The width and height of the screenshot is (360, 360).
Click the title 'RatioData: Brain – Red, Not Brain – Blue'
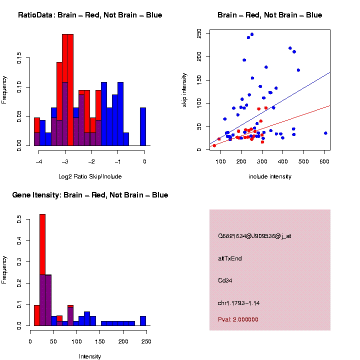(90, 15)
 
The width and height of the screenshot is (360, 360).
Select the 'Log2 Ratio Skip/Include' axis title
(90, 176)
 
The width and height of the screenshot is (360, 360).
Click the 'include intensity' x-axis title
(269, 176)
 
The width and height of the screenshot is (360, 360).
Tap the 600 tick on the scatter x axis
(303, 161)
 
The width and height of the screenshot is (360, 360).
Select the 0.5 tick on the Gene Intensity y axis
(19, 219)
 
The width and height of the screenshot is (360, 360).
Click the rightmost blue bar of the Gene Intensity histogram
(143, 320)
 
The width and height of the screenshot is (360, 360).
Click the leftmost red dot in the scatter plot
(214, 145)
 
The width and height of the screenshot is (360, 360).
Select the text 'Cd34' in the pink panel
(225, 280)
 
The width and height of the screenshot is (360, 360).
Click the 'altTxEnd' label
(230, 258)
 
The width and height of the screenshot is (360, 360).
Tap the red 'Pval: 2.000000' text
(238, 319)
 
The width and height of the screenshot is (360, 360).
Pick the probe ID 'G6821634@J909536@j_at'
(254, 236)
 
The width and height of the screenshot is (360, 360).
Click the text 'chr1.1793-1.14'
(239, 303)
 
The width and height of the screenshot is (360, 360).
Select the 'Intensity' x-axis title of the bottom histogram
(90, 356)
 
